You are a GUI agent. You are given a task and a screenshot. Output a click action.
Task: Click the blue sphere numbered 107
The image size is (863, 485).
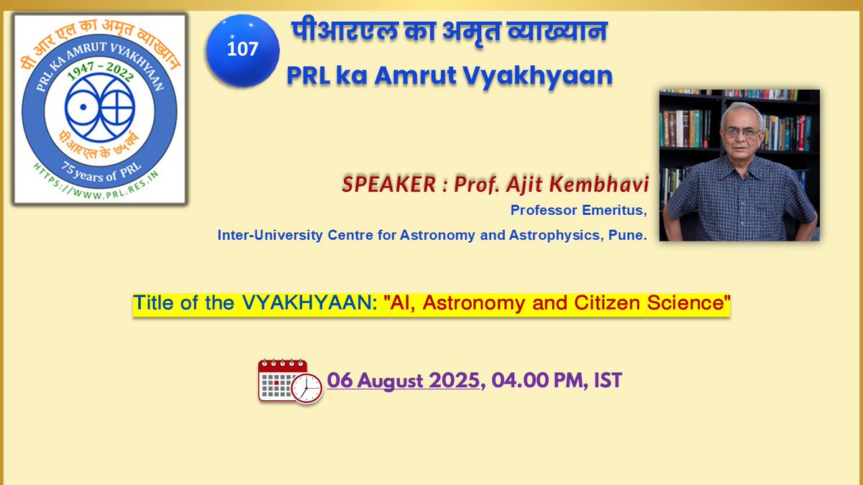tap(242, 50)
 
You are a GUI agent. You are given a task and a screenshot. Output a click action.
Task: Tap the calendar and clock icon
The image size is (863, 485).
tap(289, 380)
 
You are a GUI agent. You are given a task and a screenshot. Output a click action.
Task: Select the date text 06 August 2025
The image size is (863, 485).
tap(403, 380)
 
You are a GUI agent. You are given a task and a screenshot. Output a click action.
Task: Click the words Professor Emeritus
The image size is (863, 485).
tap(579, 211)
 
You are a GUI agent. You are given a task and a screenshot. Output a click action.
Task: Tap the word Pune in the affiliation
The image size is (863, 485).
tap(630, 235)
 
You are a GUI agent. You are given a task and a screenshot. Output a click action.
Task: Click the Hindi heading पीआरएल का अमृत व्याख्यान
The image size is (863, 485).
tap(449, 32)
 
